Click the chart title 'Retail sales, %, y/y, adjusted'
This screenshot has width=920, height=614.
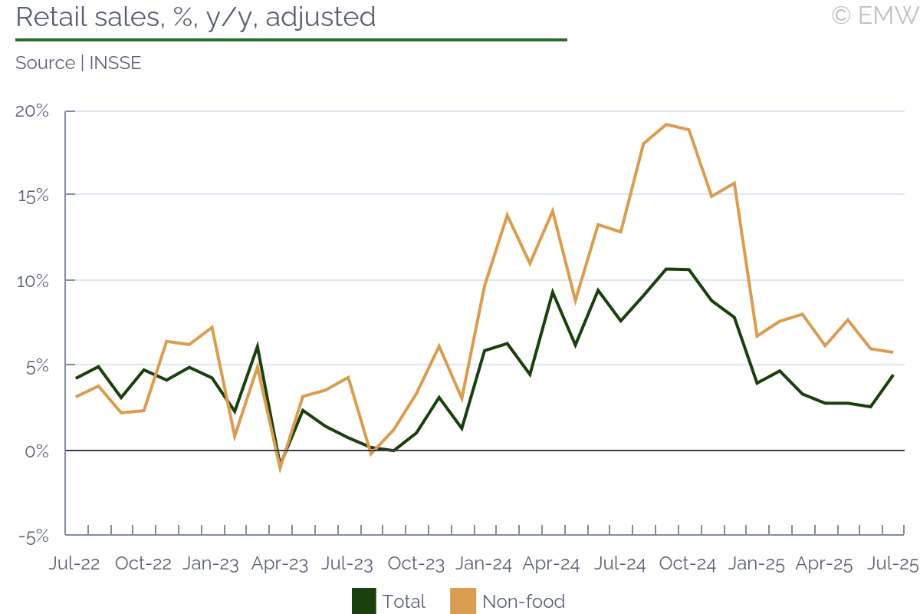(x=195, y=17)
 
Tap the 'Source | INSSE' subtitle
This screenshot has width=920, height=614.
(x=78, y=63)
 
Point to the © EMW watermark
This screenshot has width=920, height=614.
(x=874, y=15)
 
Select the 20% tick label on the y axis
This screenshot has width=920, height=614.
(x=32, y=111)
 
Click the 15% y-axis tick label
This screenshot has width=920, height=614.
(x=32, y=196)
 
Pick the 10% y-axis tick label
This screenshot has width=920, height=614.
(x=32, y=281)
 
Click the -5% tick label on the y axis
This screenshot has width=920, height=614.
(x=32, y=536)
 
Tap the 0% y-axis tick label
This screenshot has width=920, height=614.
(x=35, y=451)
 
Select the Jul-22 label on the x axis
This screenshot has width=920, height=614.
(x=74, y=563)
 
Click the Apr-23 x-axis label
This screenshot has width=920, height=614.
(x=280, y=563)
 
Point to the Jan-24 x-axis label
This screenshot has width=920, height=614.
(x=484, y=563)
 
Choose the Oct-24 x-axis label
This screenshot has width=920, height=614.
(x=688, y=563)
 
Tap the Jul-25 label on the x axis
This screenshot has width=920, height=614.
(x=892, y=563)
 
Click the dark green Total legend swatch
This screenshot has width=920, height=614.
(x=364, y=601)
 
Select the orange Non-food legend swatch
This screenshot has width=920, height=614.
(x=464, y=601)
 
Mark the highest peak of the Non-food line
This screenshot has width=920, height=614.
(x=665, y=124)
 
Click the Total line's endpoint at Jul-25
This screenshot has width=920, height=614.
(x=893, y=375)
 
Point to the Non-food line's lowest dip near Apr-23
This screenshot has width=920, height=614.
(x=280, y=467)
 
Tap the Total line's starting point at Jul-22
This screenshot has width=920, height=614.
(x=76, y=378)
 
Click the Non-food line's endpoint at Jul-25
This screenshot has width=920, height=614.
(x=893, y=352)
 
